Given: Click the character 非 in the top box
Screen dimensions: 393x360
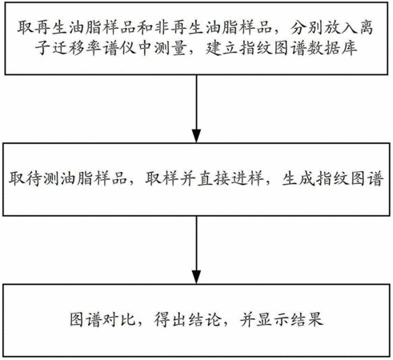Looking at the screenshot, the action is [x=162, y=27].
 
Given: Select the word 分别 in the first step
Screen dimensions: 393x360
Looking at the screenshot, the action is [x=307, y=27].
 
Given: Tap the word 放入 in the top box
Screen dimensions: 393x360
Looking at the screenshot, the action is [x=340, y=27].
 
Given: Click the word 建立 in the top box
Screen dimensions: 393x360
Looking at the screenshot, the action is [x=222, y=49].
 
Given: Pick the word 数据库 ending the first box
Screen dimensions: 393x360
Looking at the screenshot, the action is [x=332, y=49].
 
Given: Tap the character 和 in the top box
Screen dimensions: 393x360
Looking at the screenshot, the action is [x=146, y=27].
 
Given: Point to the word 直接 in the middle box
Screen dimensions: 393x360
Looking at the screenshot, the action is [x=214, y=178].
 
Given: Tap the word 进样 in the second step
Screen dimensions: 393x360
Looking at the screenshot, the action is [x=247, y=178].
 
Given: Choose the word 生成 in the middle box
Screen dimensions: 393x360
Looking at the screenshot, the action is [x=299, y=178].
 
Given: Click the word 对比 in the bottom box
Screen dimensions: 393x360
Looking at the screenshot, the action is [x=119, y=319].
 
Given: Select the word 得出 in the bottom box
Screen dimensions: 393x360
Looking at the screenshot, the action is [x=170, y=319].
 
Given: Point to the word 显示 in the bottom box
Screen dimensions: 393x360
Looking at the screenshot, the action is [x=273, y=319].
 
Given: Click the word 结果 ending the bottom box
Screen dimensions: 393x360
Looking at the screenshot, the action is [x=307, y=319].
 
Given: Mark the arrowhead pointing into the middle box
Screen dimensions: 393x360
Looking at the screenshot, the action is [x=196, y=136].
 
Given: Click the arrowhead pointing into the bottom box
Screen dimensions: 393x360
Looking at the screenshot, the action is [x=196, y=277].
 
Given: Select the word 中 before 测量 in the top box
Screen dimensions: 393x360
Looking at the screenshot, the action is [x=146, y=49].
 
